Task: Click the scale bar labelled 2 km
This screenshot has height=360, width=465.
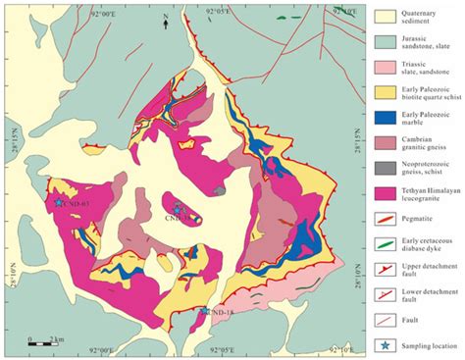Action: [x=40, y=340]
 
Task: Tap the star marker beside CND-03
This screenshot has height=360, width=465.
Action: [x=59, y=202]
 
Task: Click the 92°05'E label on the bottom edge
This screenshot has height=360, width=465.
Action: [x=218, y=350]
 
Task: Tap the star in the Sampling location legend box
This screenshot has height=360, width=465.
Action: [x=387, y=344]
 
